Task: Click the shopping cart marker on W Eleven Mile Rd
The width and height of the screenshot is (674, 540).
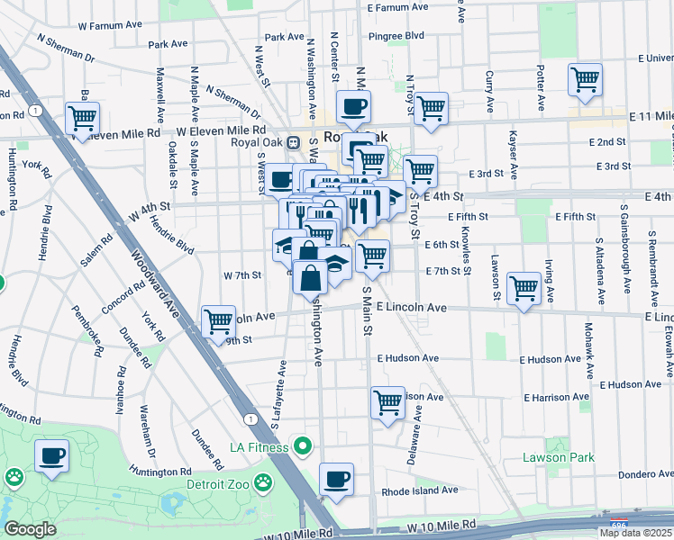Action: pos(82,118)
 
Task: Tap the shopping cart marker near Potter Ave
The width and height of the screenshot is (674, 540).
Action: pos(585,79)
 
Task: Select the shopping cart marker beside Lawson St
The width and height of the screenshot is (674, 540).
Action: pos(524,289)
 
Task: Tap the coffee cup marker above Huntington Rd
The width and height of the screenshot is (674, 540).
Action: pos(51,455)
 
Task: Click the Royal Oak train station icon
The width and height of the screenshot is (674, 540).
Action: pos(293,142)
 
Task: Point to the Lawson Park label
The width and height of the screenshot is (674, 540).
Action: pos(559,457)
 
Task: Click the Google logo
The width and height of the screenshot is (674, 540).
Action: pos(30,529)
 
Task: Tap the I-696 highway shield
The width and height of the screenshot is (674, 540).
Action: pos(618,522)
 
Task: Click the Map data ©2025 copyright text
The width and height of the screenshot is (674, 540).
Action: pos(635,533)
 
